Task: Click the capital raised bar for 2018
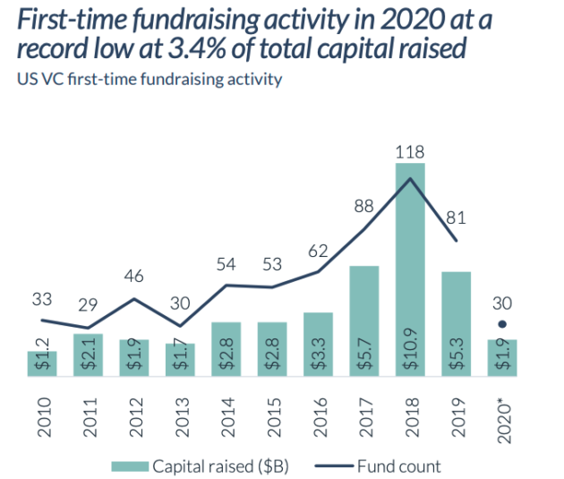coord(410,269)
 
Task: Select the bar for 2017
coord(364,321)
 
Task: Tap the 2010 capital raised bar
coord(42,364)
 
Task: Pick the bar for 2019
coord(456,324)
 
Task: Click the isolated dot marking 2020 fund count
coord(502,324)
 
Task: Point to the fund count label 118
coord(410,152)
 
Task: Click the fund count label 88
coord(363,207)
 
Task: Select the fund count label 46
coord(133,276)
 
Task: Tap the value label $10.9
coord(410,349)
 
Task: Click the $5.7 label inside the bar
coord(364,354)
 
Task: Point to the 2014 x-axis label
coord(227,417)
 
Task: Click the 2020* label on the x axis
coord(503,423)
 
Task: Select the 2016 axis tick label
coord(320,417)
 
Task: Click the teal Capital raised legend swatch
coord(130,466)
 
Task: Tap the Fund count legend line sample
coord(334,466)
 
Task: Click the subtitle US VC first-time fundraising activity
coord(150,79)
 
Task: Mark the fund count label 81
coord(456,218)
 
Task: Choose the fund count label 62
coord(318,251)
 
